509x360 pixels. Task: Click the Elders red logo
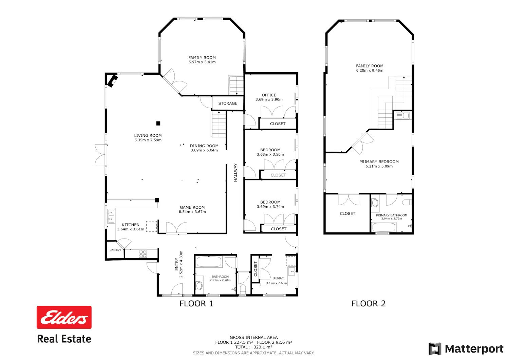point(64,317)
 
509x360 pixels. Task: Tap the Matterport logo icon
point(435,349)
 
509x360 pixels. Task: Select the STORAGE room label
point(228,103)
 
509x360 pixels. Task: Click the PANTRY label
point(115,250)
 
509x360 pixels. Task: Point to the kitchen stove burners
point(143,254)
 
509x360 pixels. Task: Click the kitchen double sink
point(111,216)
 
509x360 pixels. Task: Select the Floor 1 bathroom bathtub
point(209,261)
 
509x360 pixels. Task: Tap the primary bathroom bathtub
point(384,227)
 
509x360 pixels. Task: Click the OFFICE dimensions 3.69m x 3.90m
point(269,99)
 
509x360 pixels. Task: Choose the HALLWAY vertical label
point(235,172)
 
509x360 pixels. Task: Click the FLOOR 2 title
point(368,303)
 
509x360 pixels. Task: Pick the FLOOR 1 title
point(196,303)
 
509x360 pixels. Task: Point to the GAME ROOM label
point(192,207)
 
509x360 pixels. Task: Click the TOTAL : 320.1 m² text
point(253,347)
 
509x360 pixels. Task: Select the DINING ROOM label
point(204,146)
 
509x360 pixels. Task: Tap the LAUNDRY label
point(278,278)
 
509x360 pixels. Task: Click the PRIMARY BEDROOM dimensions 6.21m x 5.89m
point(379,166)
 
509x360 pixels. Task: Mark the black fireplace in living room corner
point(112,81)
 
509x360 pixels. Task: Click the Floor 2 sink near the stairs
point(402,116)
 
